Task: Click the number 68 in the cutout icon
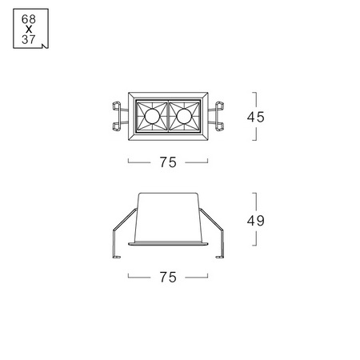29,19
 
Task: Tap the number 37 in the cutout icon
29,39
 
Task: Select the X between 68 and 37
29,30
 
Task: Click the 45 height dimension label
255,117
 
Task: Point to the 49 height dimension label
255,221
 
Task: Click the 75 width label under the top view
168,162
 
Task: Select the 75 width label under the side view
168,277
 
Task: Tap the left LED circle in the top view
152,116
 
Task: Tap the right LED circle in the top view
184,116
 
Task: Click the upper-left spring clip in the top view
117,106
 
